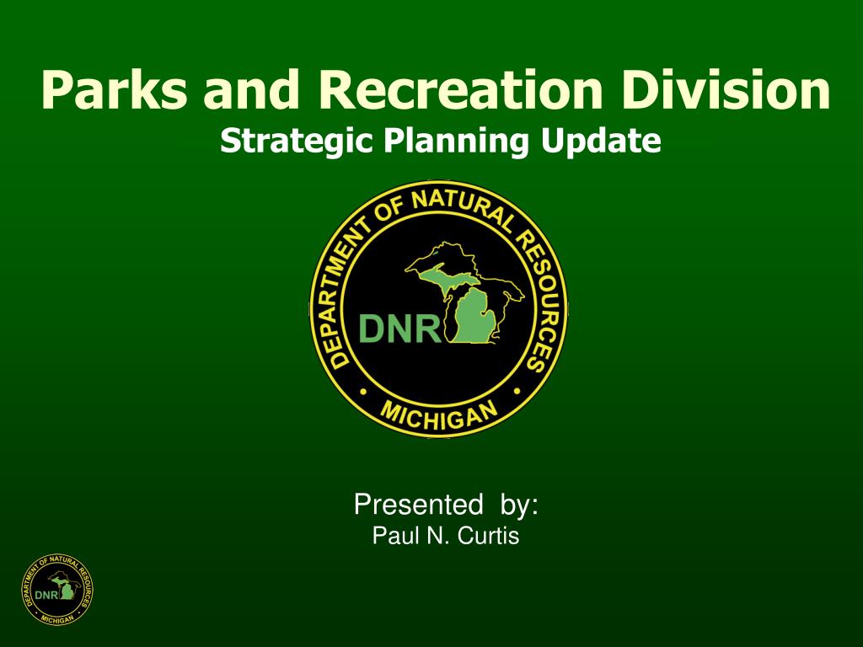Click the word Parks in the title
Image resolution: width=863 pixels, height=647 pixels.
114,89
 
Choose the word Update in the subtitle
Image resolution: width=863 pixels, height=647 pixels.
600,141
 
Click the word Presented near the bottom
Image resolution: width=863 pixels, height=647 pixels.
418,504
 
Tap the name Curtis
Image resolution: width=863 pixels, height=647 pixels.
488,535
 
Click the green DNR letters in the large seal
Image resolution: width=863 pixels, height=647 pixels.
399,329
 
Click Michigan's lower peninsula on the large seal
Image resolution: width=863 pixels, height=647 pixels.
474,316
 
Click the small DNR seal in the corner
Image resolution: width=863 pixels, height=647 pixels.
57,589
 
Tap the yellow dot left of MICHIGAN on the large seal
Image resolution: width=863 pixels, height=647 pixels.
362,393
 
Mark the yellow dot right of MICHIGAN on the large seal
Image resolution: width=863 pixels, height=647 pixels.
517,392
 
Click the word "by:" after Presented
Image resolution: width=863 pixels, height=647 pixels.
519,505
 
